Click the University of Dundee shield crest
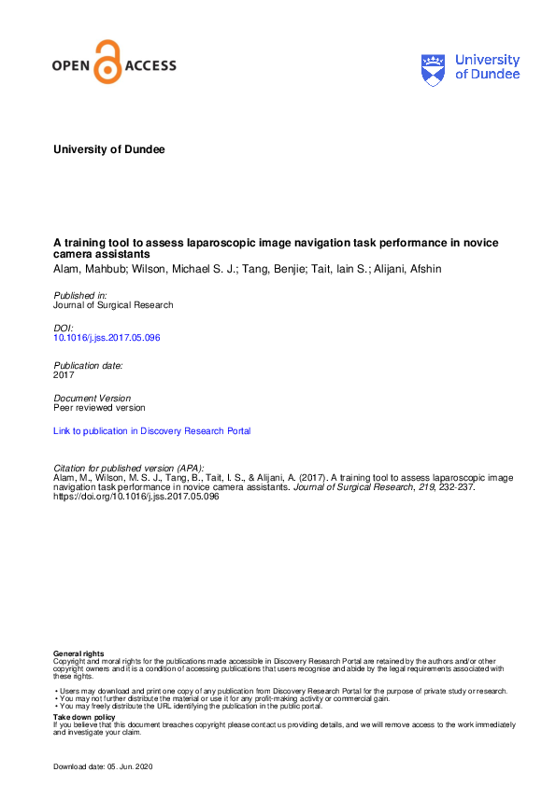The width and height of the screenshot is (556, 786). click(x=434, y=68)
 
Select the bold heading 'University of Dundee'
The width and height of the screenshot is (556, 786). click(x=108, y=149)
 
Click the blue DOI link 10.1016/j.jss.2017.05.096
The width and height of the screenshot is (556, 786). click(x=107, y=337)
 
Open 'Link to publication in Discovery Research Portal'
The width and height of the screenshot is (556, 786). click(x=152, y=431)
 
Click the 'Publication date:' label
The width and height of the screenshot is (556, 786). click(x=89, y=365)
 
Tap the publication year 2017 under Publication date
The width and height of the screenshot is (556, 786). click(x=64, y=374)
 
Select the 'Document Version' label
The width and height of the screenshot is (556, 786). click(x=93, y=398)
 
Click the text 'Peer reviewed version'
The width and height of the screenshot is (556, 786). click(x=99, y=408)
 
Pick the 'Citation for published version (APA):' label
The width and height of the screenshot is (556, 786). click(x=129, y=468)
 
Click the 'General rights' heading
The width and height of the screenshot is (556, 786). click(x=79, y=653)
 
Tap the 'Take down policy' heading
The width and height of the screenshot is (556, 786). click(x=85, y=717)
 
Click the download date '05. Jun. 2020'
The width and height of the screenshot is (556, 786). click(x=131, y=765)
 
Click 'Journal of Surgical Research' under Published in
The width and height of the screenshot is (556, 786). click(x=113, y=305)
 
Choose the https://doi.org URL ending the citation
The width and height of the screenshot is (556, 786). click(x=136, y=497)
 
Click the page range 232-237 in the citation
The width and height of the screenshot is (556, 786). click(x=453, y=487)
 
